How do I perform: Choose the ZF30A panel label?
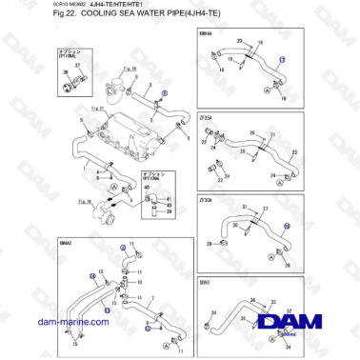[206, 201]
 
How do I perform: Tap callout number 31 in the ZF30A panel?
[244, 207]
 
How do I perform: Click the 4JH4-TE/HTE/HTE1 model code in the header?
[68, 6]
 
